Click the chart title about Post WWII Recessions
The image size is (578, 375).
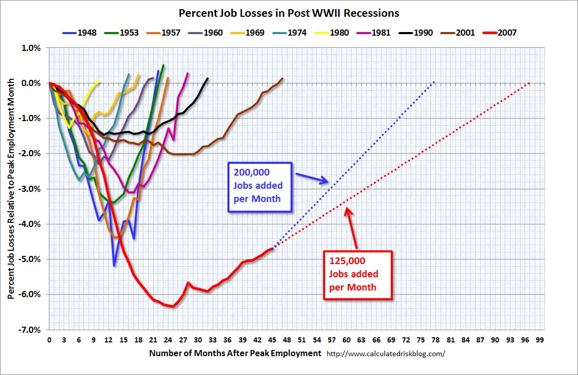[x=289, y=13]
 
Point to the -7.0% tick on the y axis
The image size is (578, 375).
[x=30, y=330]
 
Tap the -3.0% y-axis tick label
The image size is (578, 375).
[x=30, y=189]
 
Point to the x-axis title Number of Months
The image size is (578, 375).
[x=235, y=353]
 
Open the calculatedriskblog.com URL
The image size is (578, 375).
[x=385, y=353]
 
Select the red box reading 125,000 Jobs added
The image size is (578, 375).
[x=358, y=275]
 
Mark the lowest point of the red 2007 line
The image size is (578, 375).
[x=173, y=306]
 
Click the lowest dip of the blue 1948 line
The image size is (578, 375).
[x=114, y=265]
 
